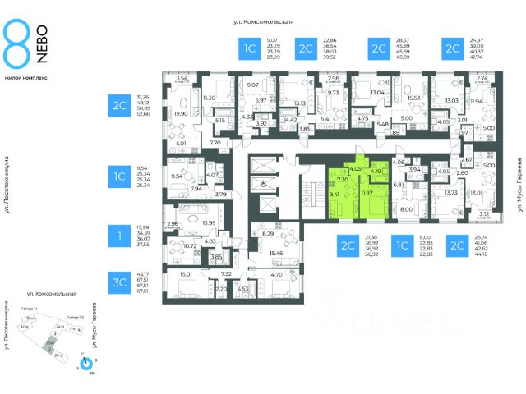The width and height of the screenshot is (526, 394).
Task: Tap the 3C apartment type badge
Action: (120, 280)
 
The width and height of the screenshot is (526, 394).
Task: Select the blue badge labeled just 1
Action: (120, 237)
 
